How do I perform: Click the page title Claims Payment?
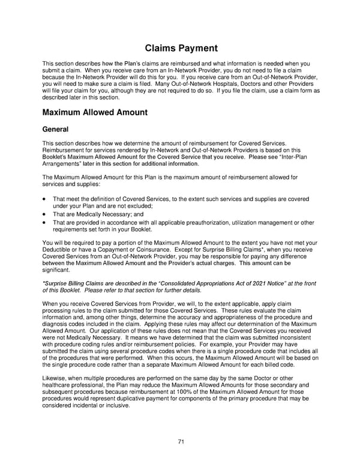[x=179, y=48]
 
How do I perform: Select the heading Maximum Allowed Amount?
[x=95, y=112]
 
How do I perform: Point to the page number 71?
[x=180, y=443]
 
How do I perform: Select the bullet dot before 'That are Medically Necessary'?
[x=44, y=214]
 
